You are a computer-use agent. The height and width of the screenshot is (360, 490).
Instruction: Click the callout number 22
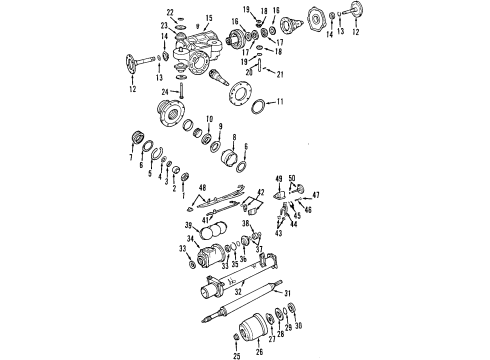pyautogui.click(x=169, y=12)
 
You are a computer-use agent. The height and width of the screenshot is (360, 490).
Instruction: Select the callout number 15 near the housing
pyautogui.click(x=209, y=17)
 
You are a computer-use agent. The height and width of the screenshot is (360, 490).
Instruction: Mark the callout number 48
pyautogui.click(x=203, y=187)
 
